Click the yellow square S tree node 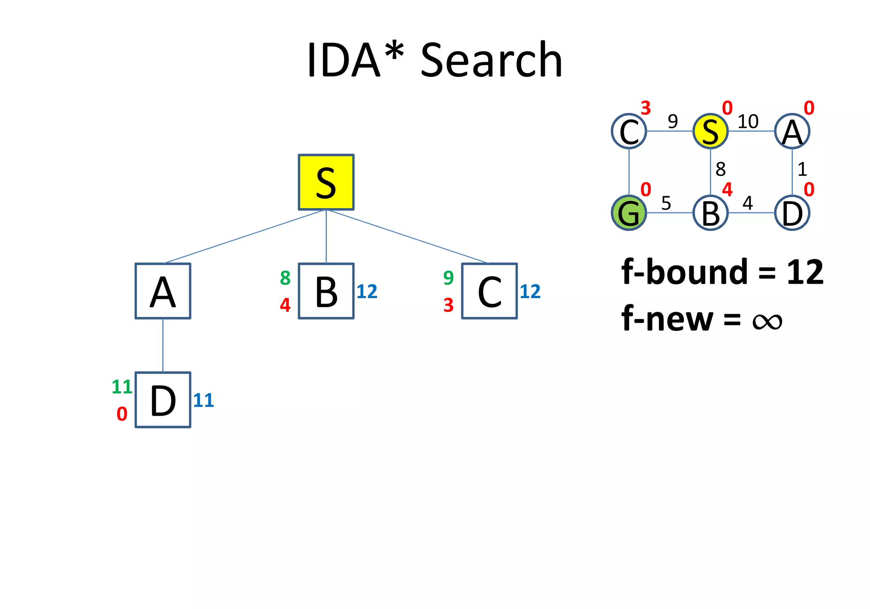pos(326,182)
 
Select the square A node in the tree pos(163,291)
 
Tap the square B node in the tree pos(326,291)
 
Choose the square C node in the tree pos(489,291)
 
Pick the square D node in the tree pos(163,400)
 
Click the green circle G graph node pos(629,213)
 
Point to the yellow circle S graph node pos(710,131)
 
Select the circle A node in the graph pos(792,131)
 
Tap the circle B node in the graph pos(710,213)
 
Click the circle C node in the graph pos(629,131)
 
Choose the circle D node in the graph pos(792,213)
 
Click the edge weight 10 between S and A pos(748,122)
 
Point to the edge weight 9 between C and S pos(672,122)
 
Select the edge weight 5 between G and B pos(666,203)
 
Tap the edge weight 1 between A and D pos(802,169)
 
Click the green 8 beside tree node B pos(285,278)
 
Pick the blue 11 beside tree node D pos(203,400)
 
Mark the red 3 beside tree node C pos(449,305)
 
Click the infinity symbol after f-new pos(767,321)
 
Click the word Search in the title pos(491,60)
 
